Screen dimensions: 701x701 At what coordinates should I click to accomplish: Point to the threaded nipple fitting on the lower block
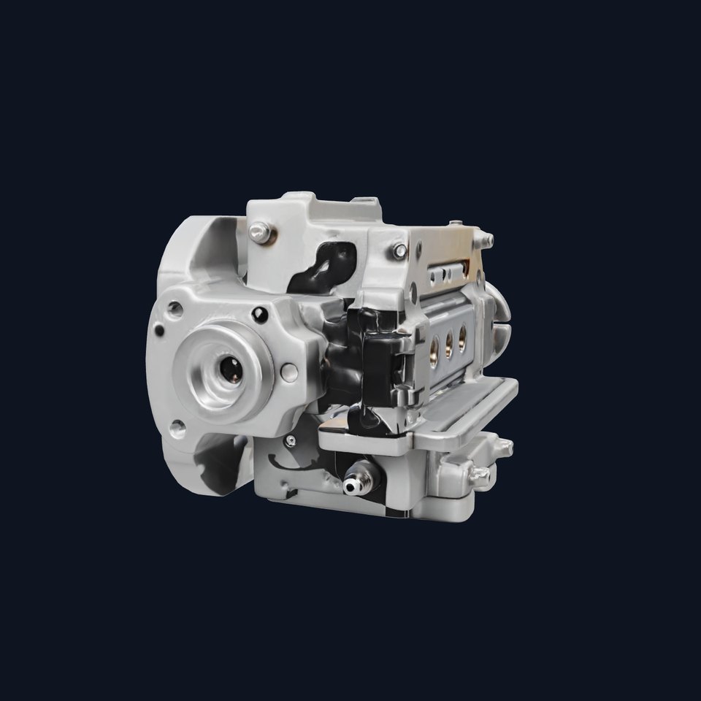pyautogui.click(x=355, y=482)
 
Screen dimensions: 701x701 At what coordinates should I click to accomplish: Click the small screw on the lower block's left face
pyautogui.click(x=291, y=440)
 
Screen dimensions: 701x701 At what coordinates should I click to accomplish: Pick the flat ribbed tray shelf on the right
pyautogui.click(x=467, y=409)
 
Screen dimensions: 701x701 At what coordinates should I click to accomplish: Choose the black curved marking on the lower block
pyautogui.click(x=292, y=464)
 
